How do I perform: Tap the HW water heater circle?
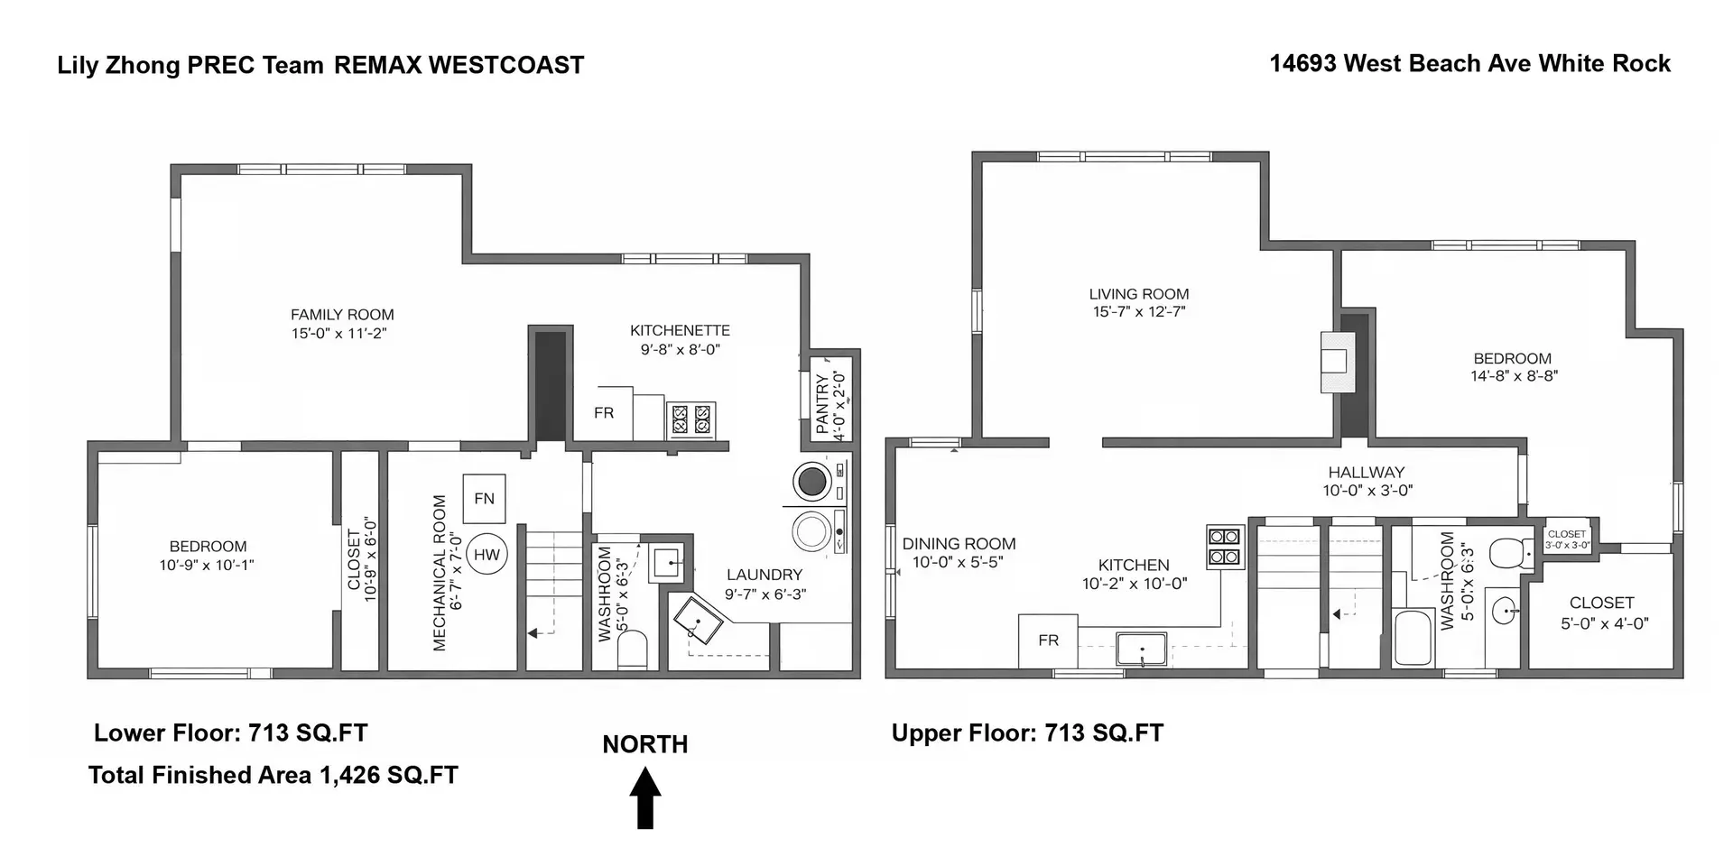click(487, 555)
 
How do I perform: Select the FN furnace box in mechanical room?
click(484, 498)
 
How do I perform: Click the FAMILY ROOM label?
click(342, 315)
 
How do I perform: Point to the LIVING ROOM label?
click(1138, 294)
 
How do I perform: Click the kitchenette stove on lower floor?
click(690, 420)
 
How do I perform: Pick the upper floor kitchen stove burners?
click(1224, 547)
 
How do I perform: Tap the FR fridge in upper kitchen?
click(1048, 640)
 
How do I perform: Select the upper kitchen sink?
click(1142, 649)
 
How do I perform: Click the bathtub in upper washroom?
click(1413, 638)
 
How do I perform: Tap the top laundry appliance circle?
click(812, 481)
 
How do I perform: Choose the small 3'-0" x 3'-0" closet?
click(1567, 539)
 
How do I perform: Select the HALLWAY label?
click(1366, 472)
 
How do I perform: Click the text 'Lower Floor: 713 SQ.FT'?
click(231, 732)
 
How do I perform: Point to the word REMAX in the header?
click(376, 65)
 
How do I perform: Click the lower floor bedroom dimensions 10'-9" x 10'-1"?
click(207, 566)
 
